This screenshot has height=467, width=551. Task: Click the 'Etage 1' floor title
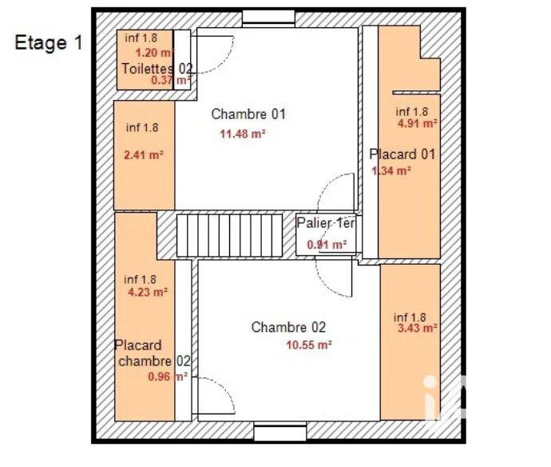[49, 43]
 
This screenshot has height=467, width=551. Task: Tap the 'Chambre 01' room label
[248, 114]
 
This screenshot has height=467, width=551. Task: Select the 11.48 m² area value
[243, 134]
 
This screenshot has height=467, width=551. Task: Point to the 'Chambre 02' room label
[288, 327]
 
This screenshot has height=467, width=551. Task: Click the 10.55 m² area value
[309, 345]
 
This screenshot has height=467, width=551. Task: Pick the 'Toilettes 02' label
[157, 69]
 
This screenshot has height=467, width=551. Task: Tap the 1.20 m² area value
[155, 53]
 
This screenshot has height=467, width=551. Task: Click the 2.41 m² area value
[144, 155]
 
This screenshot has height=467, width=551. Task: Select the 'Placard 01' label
[402, 154]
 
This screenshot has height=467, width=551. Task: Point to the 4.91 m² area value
[418, 123]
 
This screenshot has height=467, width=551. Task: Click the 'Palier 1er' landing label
[326, 223]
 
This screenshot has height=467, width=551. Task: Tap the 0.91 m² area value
[327, 244]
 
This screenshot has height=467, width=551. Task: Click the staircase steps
[229, 235]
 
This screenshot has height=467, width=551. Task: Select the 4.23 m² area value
[148, 292]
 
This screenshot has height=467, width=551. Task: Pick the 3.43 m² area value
[418, 328]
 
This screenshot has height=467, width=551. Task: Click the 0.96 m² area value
[168, 377]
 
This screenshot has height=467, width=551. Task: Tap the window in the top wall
[268, 18]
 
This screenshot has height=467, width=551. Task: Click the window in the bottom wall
[280, 432]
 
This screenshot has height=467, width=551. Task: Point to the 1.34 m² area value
[391, 170]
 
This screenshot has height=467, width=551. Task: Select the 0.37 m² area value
[171, 80]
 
